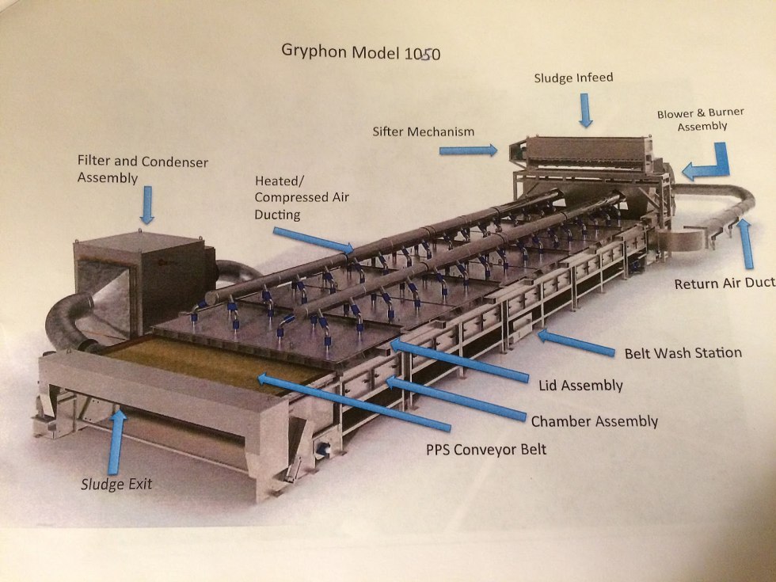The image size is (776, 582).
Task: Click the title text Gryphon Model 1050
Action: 360,52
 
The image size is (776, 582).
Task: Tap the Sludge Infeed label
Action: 573,78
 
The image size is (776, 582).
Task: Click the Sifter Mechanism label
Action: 423,131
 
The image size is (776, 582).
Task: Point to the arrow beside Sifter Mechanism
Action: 478,149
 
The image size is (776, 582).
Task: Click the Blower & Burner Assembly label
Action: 691,120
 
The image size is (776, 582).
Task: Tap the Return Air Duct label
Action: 724,283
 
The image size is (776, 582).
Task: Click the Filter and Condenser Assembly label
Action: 143,169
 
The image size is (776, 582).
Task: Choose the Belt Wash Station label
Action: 683,352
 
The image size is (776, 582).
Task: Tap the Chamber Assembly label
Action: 594,420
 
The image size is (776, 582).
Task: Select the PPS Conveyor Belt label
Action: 485,450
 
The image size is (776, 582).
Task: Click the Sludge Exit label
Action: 116,484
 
